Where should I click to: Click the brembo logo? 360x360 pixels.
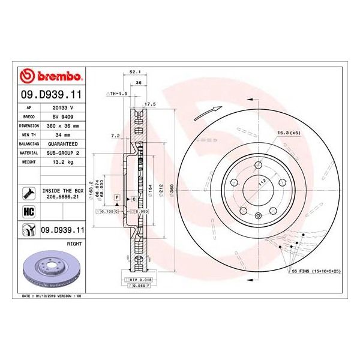(x=52, y=77)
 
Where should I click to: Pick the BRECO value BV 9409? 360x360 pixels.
(x=64, y=117)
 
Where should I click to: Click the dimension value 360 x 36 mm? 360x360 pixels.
(x=64, y=126)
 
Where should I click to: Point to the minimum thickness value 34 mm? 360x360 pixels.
(x=64, y=136)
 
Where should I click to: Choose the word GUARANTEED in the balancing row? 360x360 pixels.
(x=64, y=145)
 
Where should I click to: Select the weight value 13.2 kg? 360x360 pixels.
(x=64, y=163)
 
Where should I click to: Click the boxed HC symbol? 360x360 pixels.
(x=28, y=211)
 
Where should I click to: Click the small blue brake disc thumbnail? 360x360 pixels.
(x=50, y=266)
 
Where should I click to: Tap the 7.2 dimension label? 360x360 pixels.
(x=116, y=136)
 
